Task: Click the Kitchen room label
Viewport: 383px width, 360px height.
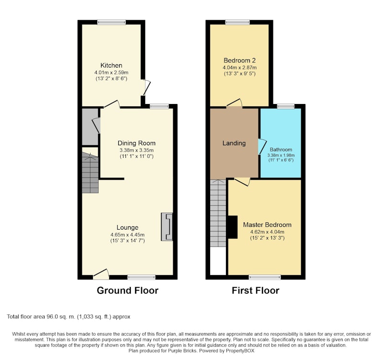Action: [112, 65]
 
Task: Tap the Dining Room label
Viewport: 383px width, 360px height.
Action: [136, 143]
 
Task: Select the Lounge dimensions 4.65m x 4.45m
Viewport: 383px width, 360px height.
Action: [127, 235]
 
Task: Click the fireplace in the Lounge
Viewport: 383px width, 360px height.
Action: [167, 227]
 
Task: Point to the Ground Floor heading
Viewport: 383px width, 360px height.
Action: [127, 290]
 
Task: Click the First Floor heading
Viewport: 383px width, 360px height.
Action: [256, 290]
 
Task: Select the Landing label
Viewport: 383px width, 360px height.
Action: [234, 143]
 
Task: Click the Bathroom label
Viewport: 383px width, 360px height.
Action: [281, 150]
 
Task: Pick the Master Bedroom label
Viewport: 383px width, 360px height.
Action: [267, 225]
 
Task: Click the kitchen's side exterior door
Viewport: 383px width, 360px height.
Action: [146, 87]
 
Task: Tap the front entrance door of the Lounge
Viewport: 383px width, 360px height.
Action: [101, 274]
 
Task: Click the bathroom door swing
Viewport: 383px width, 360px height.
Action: [262, 147]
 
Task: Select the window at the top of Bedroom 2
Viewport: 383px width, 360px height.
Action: [237, 22]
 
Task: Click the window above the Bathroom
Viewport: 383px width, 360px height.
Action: [286, 106]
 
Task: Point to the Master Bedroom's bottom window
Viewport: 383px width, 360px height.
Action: [265, 277]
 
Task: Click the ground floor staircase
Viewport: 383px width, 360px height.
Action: [90, 173]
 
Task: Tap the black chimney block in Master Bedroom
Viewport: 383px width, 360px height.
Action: [232, 227]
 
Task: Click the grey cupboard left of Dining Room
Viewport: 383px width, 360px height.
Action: [90, 127]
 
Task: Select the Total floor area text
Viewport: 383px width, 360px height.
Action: [68, 317]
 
